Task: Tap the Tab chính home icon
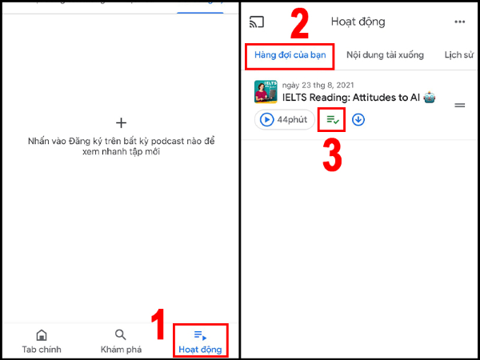(x=42, y=335)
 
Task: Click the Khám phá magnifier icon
(x=120, y=335)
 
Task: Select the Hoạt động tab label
(x=200, y=350)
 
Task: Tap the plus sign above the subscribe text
(x=121, y=122)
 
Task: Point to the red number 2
(x=299, y=25)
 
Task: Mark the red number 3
(x=333, y=155)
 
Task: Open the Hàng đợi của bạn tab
(x=289, y=55)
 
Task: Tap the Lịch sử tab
(x=458, y=55)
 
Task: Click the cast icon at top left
(x=257, y=22)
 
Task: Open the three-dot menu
(x=459, y=22)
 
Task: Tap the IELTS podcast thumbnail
(x=266, y=92)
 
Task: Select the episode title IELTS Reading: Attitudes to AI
(x=352, y=98)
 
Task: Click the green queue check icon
(x=330, y=120)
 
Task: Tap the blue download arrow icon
(x=358, y=120)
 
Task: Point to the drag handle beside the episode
(x=460, y=105)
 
